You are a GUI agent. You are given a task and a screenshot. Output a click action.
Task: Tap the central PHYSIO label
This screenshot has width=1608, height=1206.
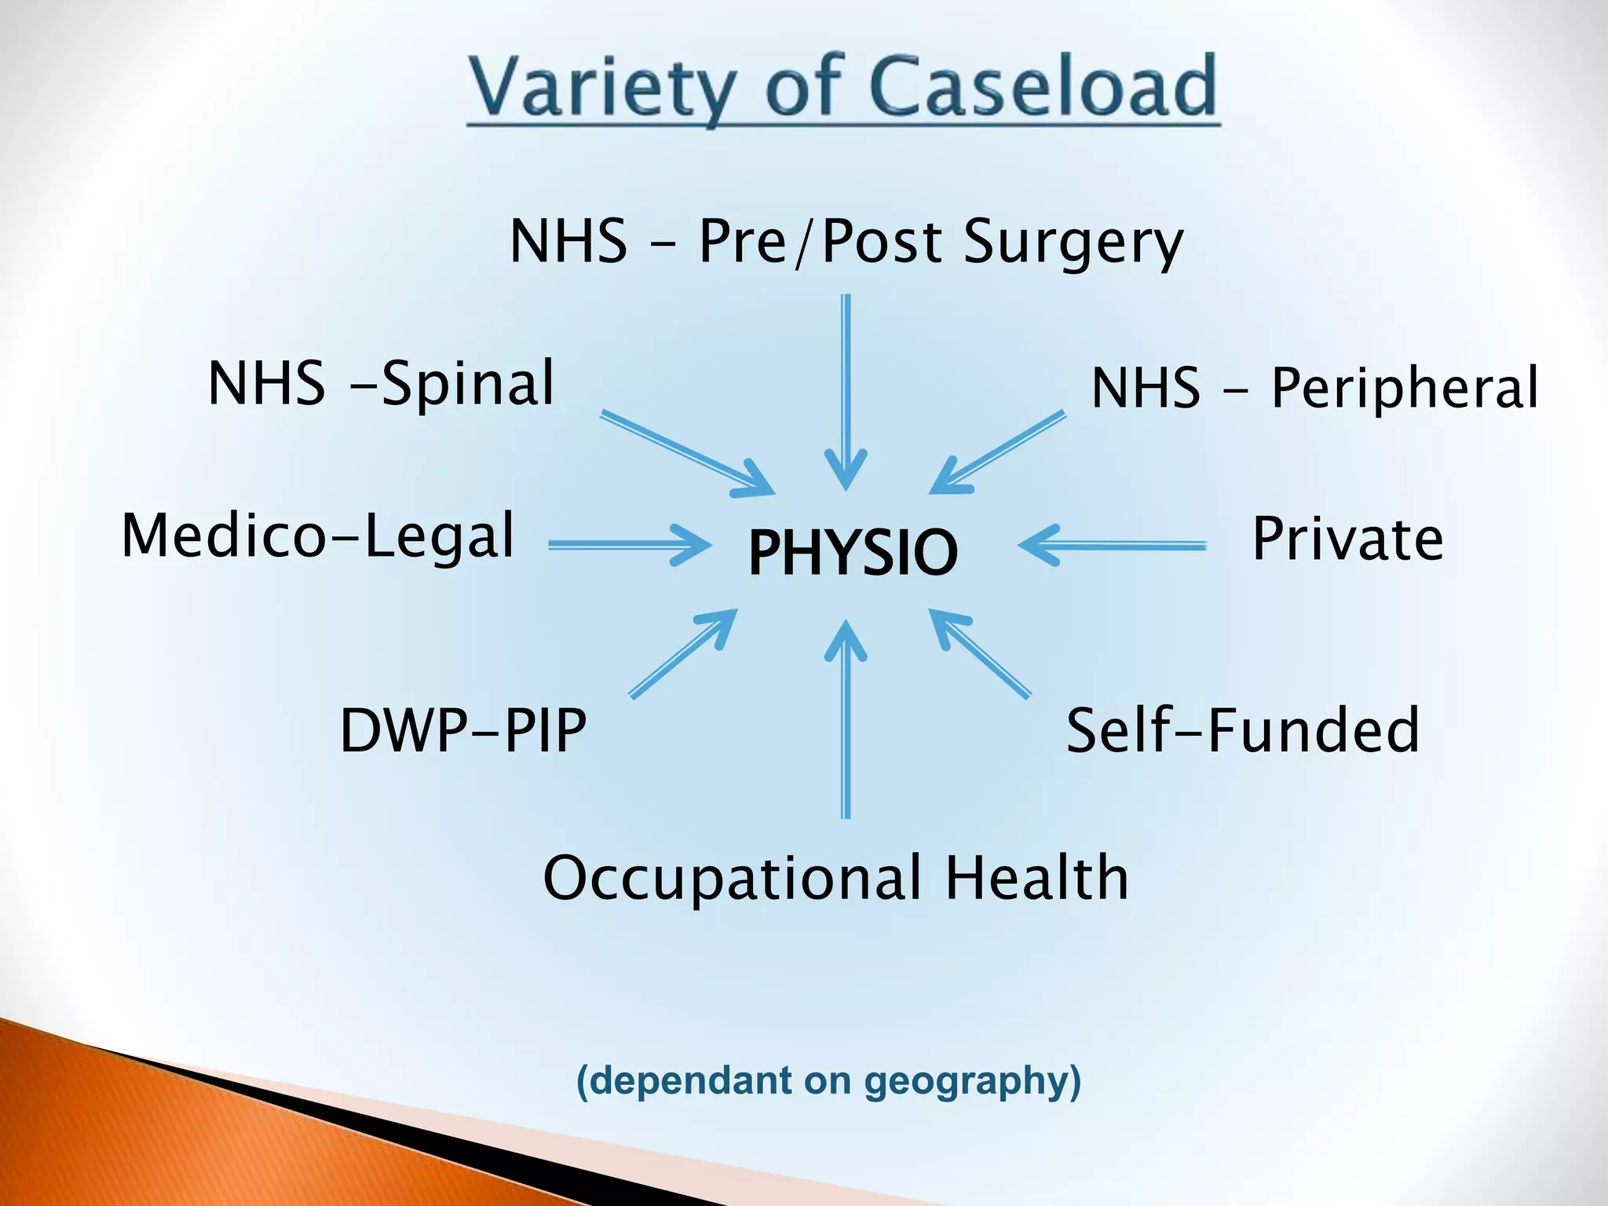853,551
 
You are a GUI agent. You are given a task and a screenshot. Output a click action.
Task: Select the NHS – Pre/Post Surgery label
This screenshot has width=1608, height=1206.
846,241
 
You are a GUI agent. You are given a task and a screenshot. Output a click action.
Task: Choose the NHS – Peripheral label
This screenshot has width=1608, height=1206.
1314,387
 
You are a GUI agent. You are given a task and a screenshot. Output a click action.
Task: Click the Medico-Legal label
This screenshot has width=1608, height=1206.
318,536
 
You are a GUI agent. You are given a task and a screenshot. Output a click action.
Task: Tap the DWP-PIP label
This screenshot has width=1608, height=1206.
462,730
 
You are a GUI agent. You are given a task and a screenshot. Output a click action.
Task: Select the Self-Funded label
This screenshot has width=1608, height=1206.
1242,730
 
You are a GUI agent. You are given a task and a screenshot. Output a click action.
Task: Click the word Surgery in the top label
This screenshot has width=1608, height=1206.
1073,241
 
